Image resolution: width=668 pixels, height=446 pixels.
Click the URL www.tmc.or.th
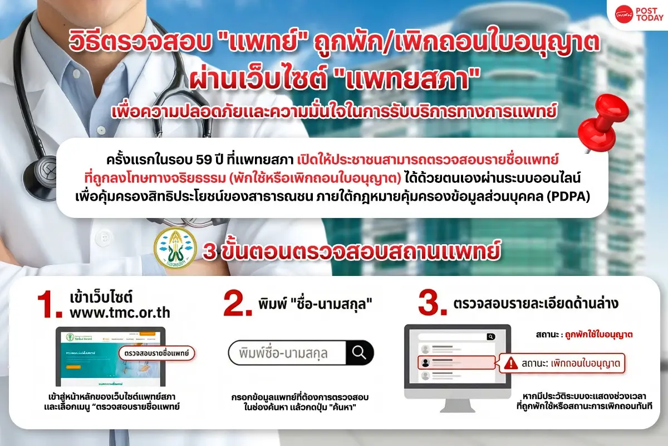click(120, 313)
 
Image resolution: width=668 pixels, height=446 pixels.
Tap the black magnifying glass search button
click(360, 353)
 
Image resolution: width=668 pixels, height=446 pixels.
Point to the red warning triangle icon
click(509, 363)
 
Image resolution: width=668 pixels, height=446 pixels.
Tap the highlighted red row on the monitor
click(456, 362)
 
